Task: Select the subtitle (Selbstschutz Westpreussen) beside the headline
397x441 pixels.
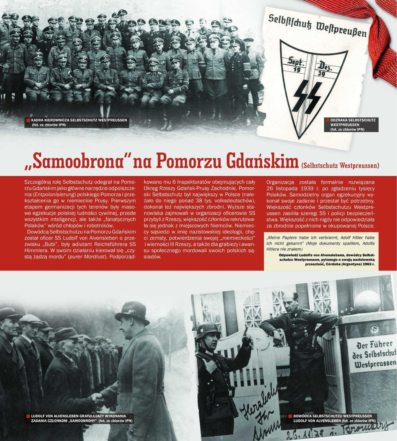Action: [x=340, y=166]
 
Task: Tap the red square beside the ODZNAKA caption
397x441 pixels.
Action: [x=327, y=120]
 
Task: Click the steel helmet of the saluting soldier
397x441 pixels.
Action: [x=208, y=330]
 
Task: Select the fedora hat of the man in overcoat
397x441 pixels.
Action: [x=132, y=312]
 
